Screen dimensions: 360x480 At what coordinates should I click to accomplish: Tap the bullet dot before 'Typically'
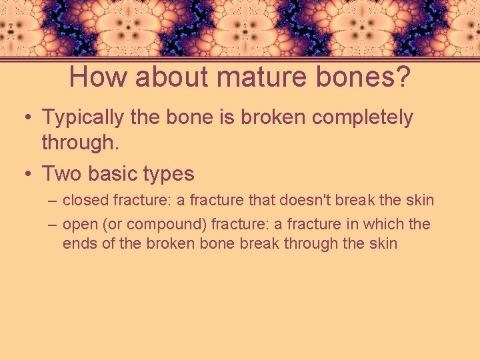[x=25, y=118]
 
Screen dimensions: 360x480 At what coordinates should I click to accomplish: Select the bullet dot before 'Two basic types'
[x=25, y=175]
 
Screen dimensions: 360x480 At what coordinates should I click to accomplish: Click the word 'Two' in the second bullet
[x=59, y=174]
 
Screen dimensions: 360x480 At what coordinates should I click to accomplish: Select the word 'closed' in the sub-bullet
[x=85, y=200]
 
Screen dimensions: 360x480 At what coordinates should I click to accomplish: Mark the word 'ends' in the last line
[x=79, y=243]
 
